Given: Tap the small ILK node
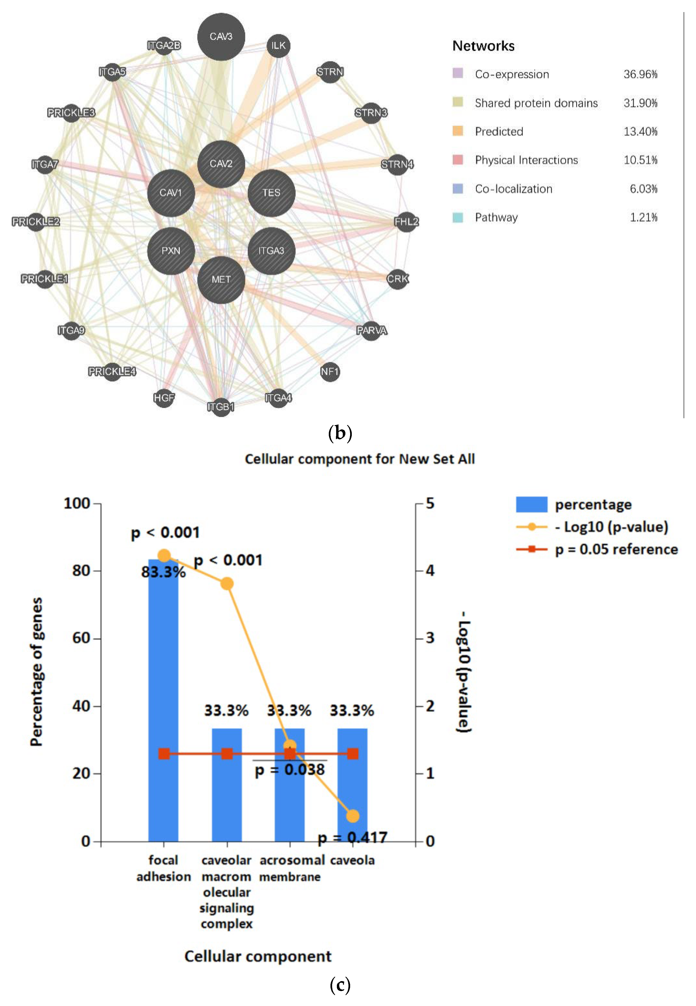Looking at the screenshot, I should pyautogui.click(x=278, y=45).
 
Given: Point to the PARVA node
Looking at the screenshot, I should pyautogui.click(x=371, y=330).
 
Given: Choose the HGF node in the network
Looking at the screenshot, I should pyautogui.click(x=164, y=398).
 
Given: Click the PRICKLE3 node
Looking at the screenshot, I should pyautogui.click(x=71, y=113).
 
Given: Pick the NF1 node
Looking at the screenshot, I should pyautogui.click(x=330, y=372).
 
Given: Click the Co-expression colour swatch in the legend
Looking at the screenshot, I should pyautogui.click(x=458, y=73).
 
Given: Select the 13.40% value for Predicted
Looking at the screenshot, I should pyautogui.click(x=640, y=132).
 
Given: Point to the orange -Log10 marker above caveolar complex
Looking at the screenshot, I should pyautogui.click(x=227, y=583).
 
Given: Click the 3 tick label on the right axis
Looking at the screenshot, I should pyautogui.click(x=430, y=638).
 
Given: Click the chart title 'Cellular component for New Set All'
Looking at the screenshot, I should pyautogui.click(x=359, y=459).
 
